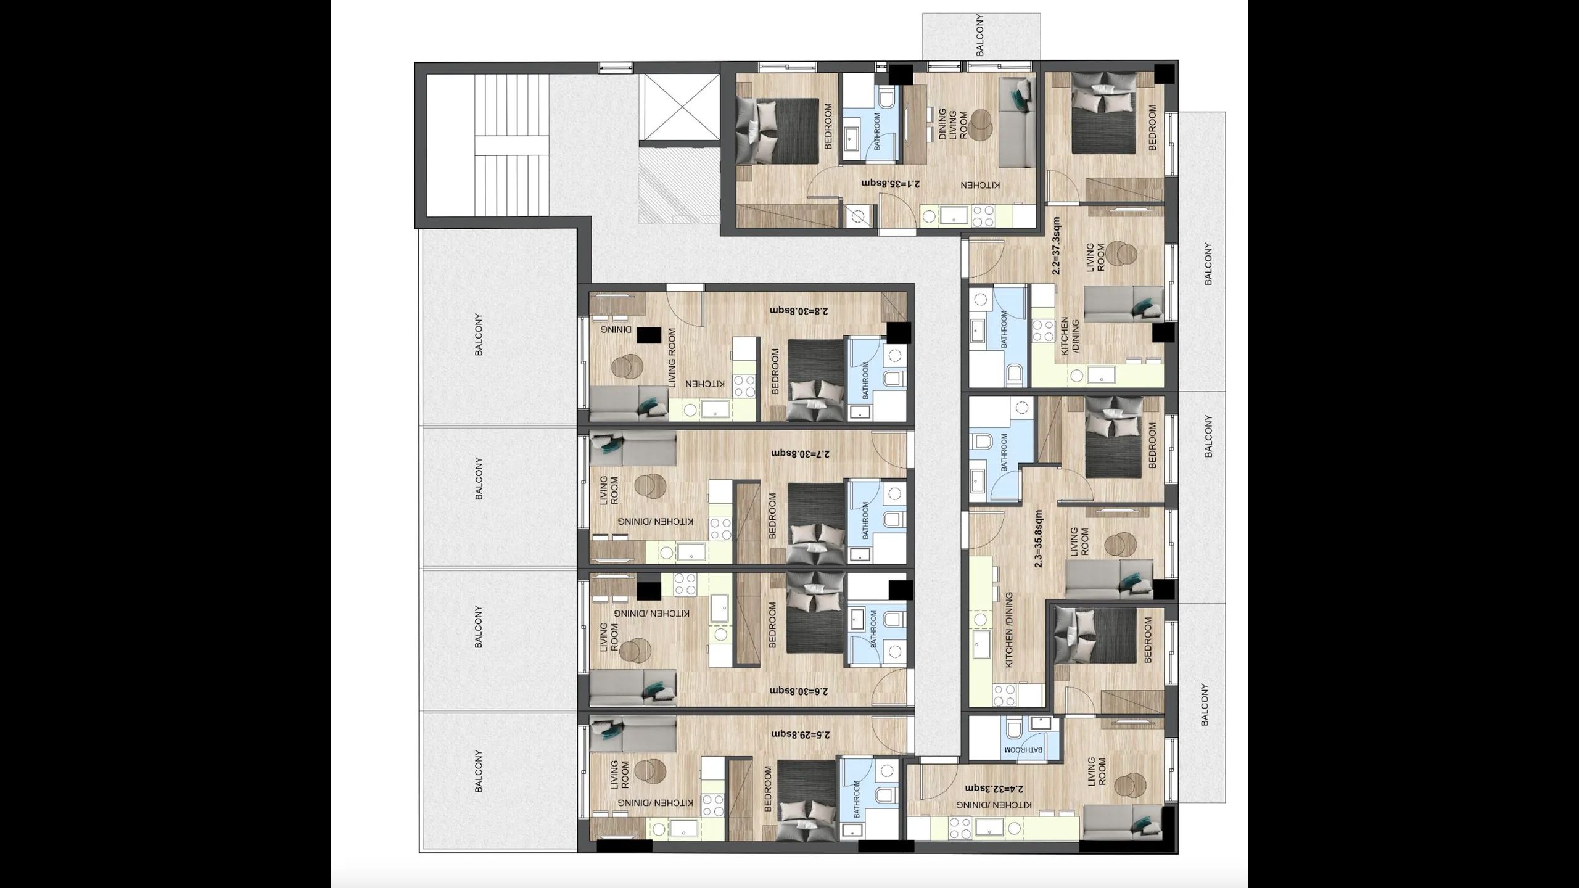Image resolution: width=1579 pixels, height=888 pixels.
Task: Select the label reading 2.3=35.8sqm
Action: tap(1039, 538)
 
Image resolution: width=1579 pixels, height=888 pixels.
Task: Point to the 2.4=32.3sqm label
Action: tap(994, 789)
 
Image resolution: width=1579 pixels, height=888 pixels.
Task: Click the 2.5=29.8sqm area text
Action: tap(801, 734)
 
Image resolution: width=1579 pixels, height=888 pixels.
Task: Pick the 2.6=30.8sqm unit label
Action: tap(800, 691)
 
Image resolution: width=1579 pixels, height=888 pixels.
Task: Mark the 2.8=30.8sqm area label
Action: tap(799, 310)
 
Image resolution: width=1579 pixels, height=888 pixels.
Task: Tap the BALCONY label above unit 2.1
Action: tap(980, 35)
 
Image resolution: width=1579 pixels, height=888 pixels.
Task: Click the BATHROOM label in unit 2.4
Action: tap(1023, 750)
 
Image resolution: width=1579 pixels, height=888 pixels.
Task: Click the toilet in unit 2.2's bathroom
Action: tap(1015, 373)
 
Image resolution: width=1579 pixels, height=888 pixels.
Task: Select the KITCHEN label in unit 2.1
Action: tap(980, 185)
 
